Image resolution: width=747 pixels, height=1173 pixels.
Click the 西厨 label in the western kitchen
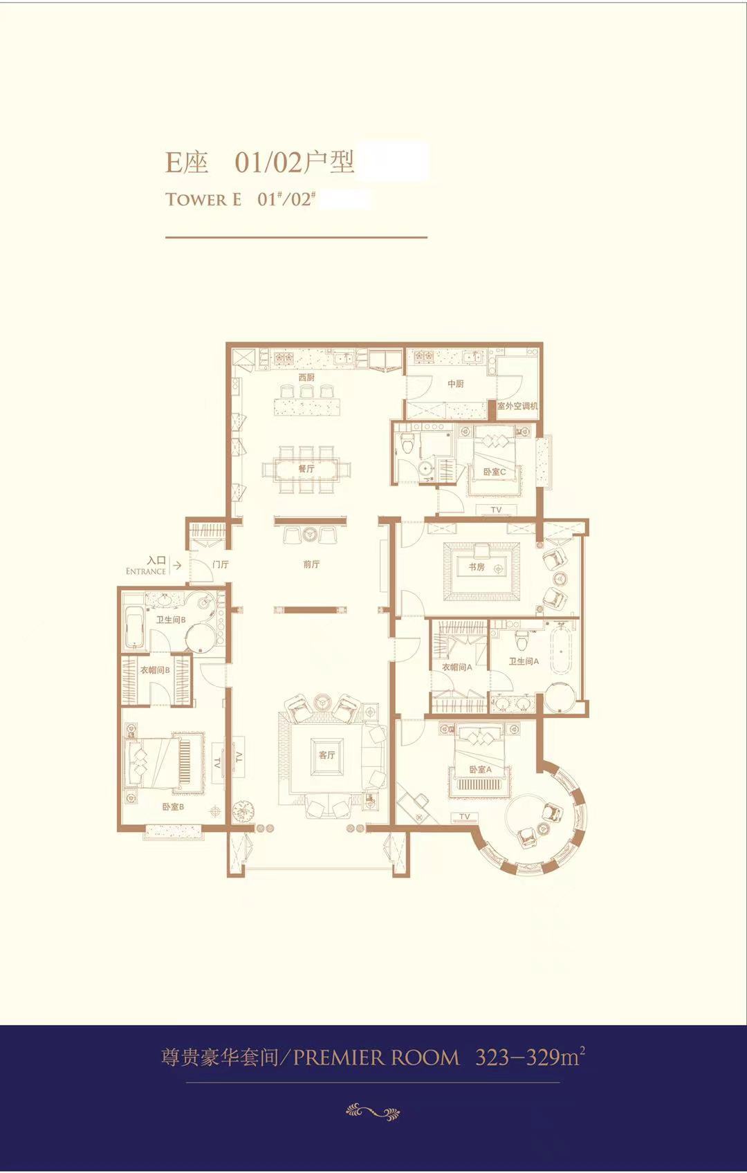pos(306,378)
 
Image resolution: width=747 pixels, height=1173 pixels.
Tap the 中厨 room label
pos(455,384)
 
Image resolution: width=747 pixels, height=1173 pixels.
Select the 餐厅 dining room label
pos(306,469)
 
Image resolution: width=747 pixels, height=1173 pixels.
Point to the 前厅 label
pos(311,564)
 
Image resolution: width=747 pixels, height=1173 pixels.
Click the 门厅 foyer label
pos(221,564)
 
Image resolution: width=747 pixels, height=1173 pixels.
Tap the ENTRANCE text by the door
pos(146,571)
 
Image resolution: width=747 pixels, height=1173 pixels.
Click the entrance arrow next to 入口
pos(177,565)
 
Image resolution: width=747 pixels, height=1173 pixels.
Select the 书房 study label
pos(476,566)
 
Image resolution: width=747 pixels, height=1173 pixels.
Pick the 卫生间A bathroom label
pos(524,661)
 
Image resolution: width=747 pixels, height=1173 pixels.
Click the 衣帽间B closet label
pos(155,669)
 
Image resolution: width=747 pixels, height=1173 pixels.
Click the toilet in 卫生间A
pos(522,639)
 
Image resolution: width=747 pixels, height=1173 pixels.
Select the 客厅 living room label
pos(326,755)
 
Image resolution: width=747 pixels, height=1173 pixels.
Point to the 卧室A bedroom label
pos(481,770)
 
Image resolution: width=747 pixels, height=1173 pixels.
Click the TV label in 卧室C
pos(495,510)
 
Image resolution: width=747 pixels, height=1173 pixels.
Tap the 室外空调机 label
pos(517,406)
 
